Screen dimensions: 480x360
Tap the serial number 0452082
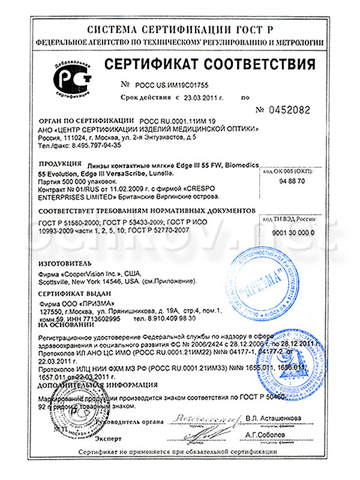[283, 110]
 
